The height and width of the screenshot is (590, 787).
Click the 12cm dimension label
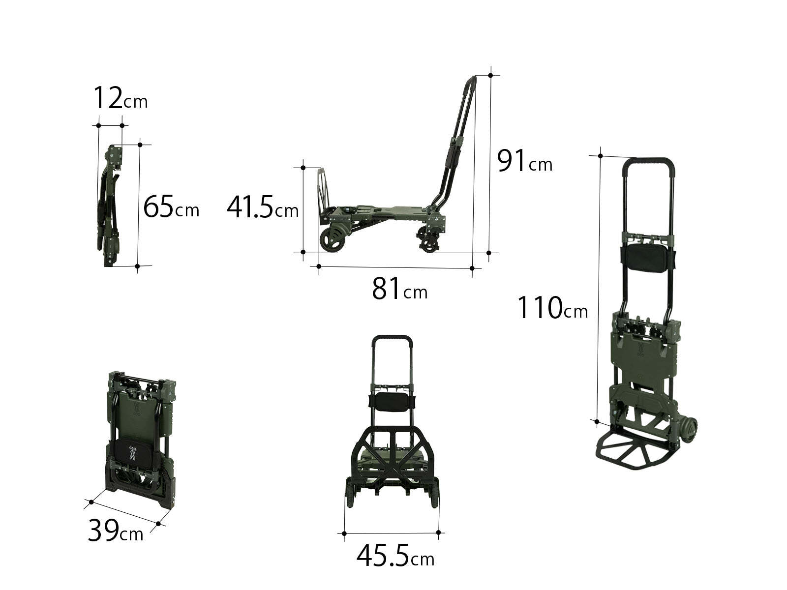point(121,98)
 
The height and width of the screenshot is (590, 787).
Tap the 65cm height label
point(171,206)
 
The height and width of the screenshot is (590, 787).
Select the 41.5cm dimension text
point(263,206)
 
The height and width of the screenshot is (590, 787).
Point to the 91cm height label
point(524,161)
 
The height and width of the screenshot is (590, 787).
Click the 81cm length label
point(400,289)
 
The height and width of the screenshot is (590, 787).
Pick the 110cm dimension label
point(552,307)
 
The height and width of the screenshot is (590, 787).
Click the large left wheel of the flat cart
point(332,238)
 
